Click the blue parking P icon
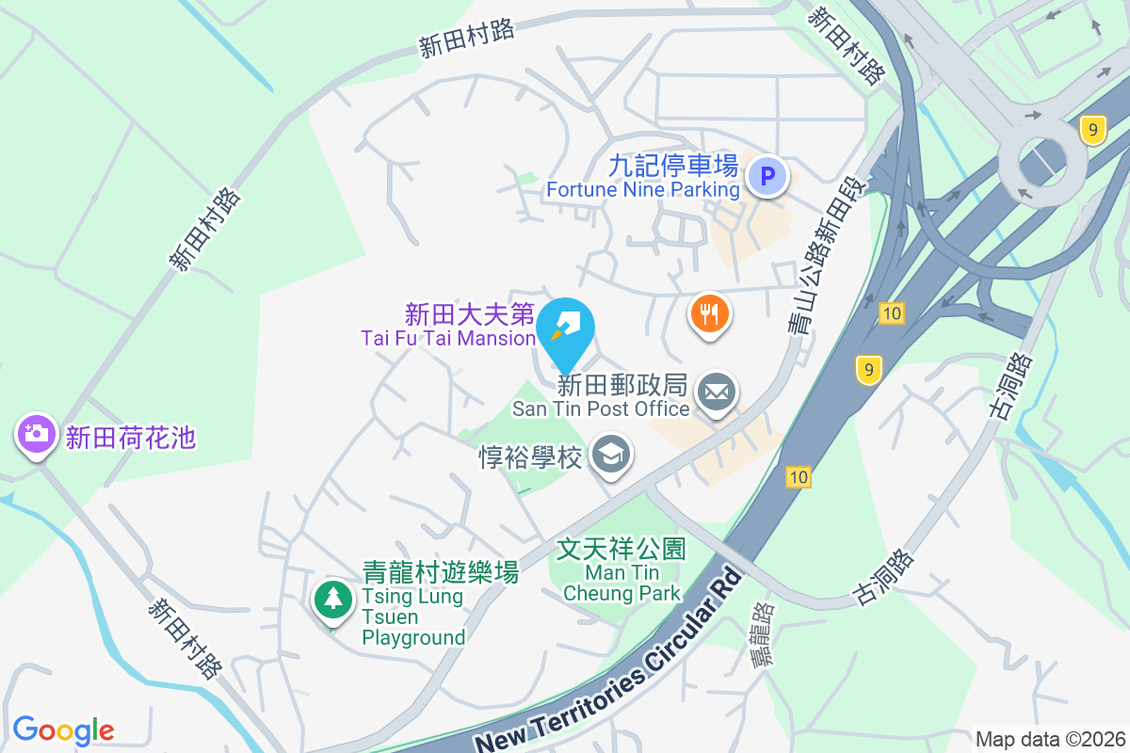[767, 176]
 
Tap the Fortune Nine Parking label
[643, 189]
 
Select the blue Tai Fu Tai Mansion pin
[565, 328]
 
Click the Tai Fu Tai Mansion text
[448, 337]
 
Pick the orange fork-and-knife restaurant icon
[711, 312]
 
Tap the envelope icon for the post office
[717, 393]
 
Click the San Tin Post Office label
[601, 409]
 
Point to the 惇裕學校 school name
[531, 457]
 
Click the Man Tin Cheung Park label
[621, 571]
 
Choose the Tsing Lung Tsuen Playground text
[414, 617]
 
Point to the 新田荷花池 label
[130, 438]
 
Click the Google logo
[64, 729]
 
